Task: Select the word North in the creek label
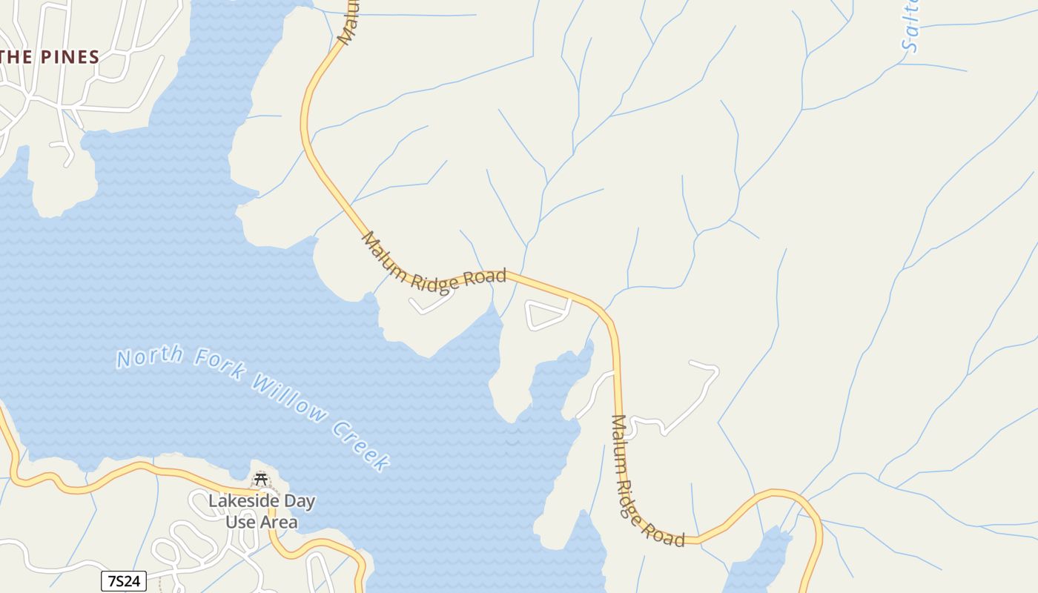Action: tap(149, 357)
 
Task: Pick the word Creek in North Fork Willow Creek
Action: tap(360, 445)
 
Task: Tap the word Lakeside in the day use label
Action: tap(245, 501)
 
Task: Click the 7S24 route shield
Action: tap(124, 581)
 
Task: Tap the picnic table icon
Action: tap(260, 479)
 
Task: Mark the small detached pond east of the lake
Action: tap(756, 563)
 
